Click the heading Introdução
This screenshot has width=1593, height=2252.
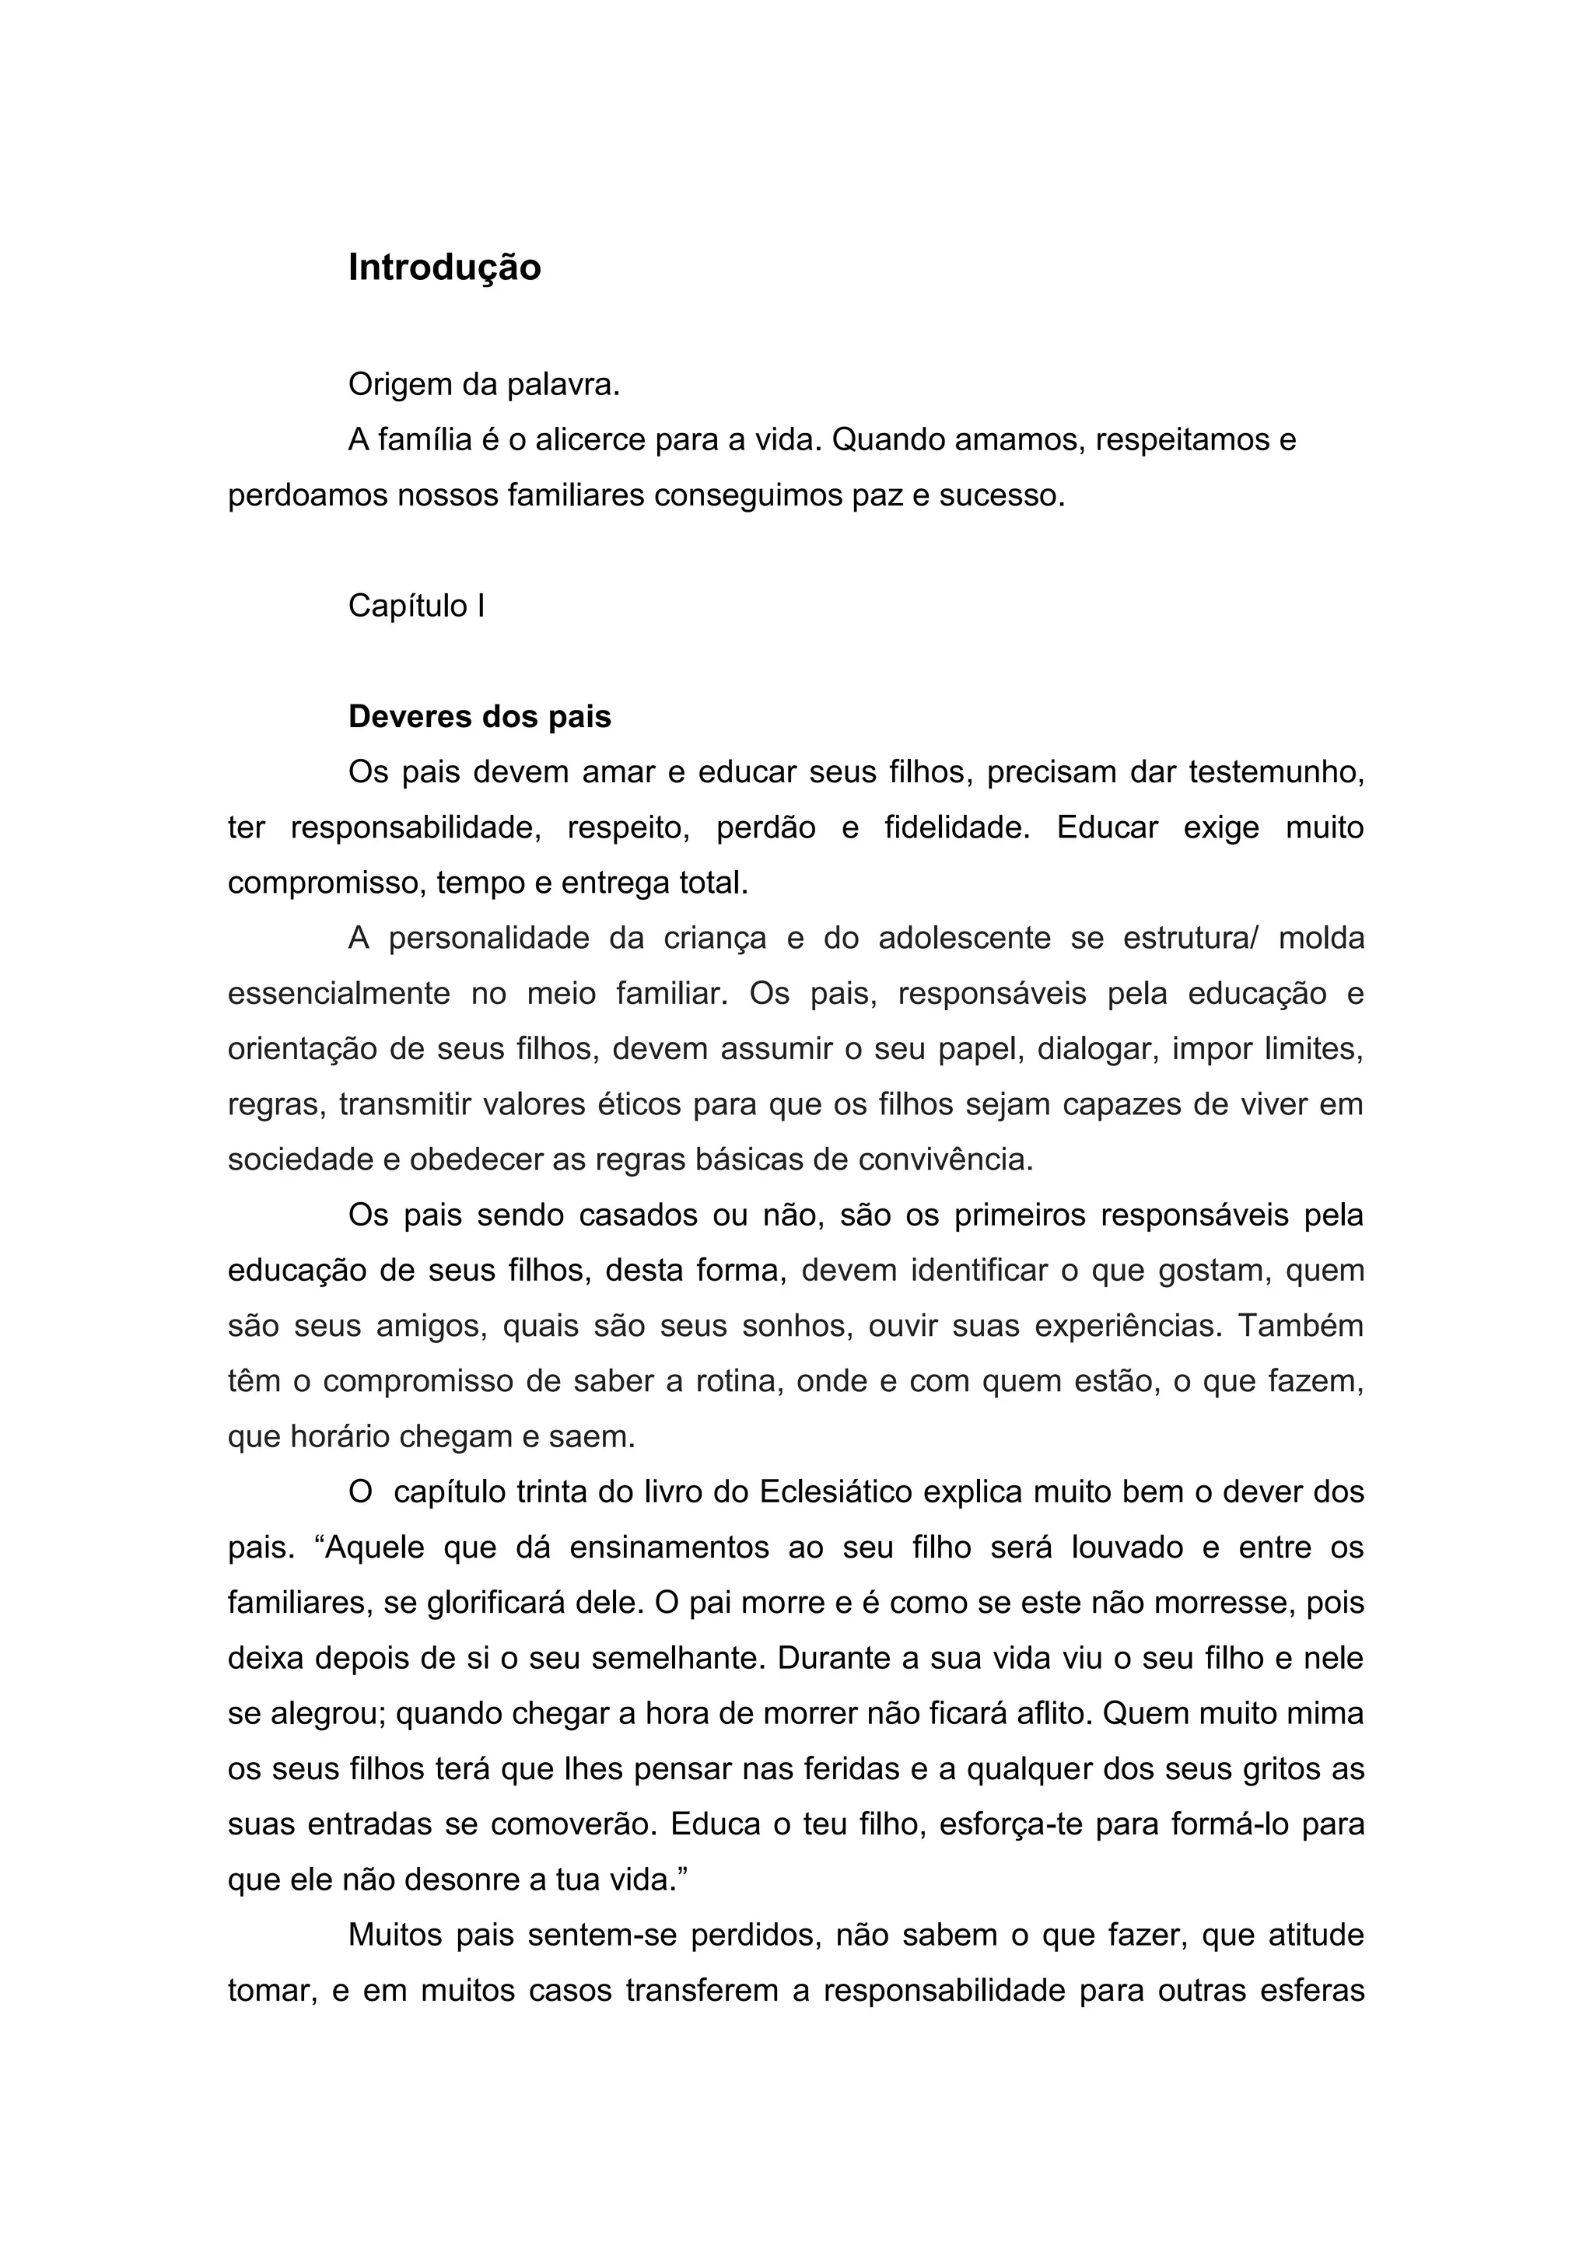pos(444,268)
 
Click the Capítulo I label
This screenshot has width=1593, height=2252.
pos(416,606)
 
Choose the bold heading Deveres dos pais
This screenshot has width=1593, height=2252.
pos(480,717)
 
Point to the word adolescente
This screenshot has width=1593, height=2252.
pos(965,939)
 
